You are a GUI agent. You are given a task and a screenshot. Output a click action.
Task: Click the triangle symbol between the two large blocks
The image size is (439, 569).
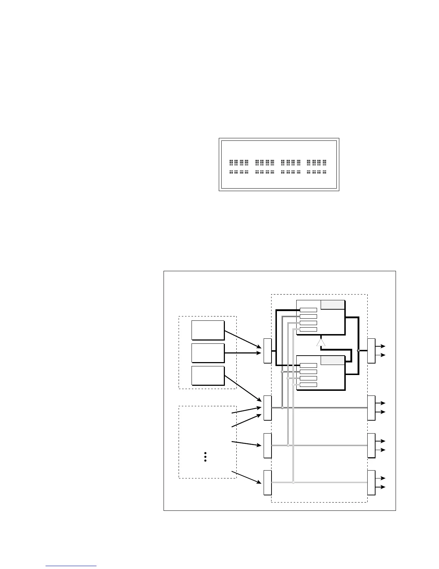[321, 342]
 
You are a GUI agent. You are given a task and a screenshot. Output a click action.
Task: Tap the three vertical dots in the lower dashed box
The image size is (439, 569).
[205, 457]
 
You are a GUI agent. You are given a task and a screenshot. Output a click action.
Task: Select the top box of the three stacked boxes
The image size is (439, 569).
[208, 330]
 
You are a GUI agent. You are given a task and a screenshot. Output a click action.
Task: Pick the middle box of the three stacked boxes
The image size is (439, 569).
[208, 353]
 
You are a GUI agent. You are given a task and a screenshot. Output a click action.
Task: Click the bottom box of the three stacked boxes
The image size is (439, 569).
[208, 376]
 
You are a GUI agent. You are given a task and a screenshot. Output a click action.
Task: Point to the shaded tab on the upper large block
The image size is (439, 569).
[332, 305]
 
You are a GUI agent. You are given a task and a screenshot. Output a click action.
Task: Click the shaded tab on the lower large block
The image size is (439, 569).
[332, 360]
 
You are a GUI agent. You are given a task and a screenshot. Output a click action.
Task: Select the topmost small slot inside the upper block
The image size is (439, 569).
[308, 310]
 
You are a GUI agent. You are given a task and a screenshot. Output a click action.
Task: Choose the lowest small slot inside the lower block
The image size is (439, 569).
[308, 385]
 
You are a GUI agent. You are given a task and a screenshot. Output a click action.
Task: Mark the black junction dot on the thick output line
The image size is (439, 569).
[358, 350]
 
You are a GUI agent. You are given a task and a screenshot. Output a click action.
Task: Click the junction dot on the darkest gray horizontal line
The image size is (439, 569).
[282, 408]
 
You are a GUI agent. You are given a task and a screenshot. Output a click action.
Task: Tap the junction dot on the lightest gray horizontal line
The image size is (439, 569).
[293, 482]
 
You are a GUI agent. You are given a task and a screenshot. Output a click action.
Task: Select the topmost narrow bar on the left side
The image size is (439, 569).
[268, 351]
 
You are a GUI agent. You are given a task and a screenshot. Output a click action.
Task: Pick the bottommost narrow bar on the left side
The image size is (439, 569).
[268, 482]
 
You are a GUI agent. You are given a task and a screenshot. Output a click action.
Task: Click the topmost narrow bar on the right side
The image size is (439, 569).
[371, 351]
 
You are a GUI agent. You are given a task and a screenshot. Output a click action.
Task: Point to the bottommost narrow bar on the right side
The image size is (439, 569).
[371, 482]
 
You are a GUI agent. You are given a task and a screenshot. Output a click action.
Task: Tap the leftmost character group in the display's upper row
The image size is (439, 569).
[239, 163]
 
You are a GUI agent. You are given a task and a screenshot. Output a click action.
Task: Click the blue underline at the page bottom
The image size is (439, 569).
[71, 566]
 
